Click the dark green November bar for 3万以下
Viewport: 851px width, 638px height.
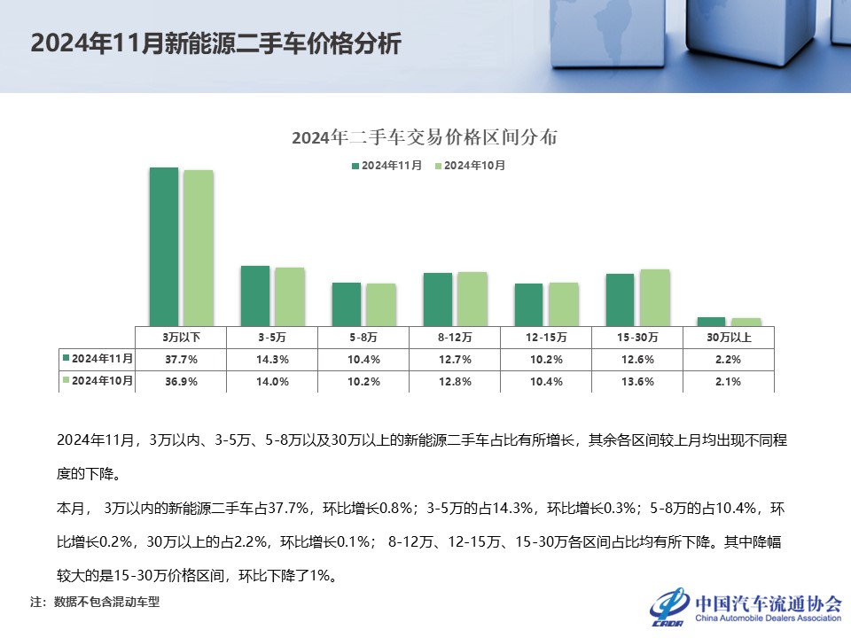(163, 246)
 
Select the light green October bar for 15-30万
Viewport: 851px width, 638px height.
(654, 297)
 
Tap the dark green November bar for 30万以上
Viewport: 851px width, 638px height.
(711, 321)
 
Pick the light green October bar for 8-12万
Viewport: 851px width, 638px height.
(472, 299)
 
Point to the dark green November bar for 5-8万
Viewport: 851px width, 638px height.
(346, 304)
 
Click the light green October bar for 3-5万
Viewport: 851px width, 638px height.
(289, 296)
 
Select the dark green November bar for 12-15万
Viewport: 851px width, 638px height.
(528, 304)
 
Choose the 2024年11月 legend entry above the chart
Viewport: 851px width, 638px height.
(386, 166)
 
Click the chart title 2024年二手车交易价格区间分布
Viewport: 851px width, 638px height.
(425, 138)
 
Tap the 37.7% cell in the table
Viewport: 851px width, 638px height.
(181, 360)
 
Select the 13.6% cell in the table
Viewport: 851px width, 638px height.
(638, 382)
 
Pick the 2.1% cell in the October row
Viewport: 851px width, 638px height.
(730, 382)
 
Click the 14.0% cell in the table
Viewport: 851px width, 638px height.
(272, 382)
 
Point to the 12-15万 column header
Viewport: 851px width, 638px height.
(546, 338)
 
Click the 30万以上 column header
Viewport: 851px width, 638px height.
(730, 338)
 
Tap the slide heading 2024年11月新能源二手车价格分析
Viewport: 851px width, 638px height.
(216, 44)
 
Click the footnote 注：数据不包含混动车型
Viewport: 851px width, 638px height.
(95, 603)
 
